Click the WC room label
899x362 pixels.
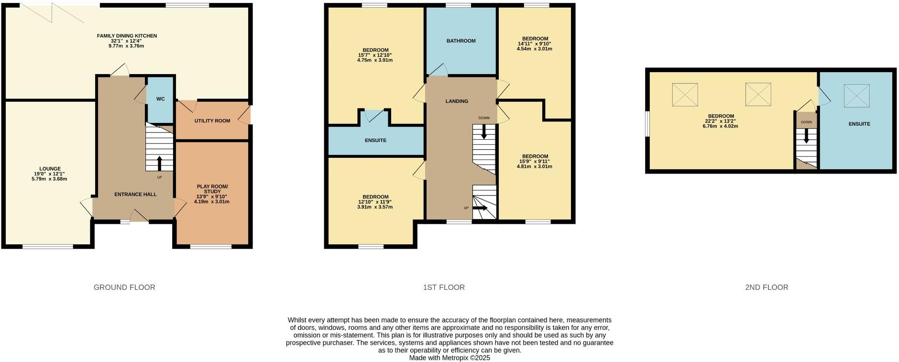click(160, 99)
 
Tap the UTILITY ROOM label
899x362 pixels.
click(212, 121)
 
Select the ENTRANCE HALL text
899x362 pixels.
click(135, 194)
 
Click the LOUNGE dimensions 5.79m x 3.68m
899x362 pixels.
click(50, 179)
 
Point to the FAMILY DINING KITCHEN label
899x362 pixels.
click(127, 36)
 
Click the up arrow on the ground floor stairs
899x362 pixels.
click(159, 163)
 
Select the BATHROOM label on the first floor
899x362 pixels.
click(461, 41)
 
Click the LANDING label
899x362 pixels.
click(457, 101)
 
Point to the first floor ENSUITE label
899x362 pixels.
click(375, 141)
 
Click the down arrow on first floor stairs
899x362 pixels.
click(484, 132)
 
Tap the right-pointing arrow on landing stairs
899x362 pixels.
click(480, 208)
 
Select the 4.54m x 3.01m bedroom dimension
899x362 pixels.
click(534, 49)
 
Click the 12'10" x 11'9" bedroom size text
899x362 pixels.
click(375, 202)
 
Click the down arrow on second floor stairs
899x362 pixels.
click(806, 136)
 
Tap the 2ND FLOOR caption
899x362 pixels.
click(767, 287)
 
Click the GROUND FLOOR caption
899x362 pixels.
click(124, 287)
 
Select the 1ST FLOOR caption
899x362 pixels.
click(444, 287)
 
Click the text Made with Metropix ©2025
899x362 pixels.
click(449, 358)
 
